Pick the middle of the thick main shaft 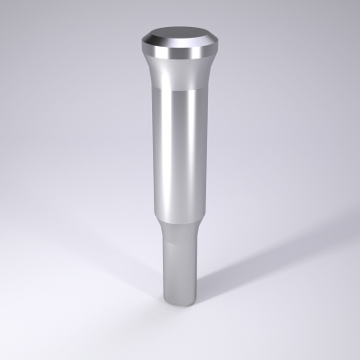pyautogui.click(x=180, y=153)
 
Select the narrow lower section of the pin pyautogui.click(x=180, y=261)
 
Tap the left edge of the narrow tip pyautogui.click(x=163, y=261)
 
